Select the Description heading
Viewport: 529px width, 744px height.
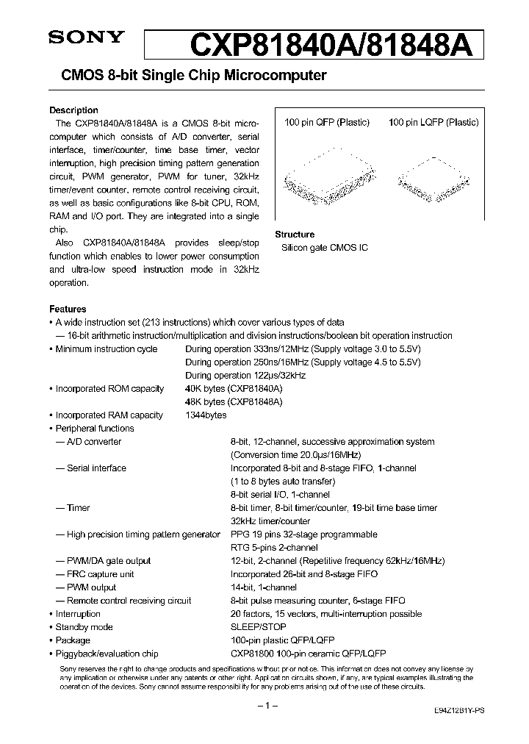pyautogui.click(x=73, y=110)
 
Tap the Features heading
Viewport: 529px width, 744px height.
pyautogui.click(x=68, y=310)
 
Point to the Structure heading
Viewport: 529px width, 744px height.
pyautogui.click(x=295, y=235)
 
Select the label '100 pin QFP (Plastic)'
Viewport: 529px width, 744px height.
pyautogui.click(x=327, y=123)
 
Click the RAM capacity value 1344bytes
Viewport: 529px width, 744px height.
pyautogui.click(x=206, y=415)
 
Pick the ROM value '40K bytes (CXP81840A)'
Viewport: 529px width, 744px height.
pyautogui.click(x=234, y=389)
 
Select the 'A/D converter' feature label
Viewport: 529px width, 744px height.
pyautogui.click(x=94, y=442)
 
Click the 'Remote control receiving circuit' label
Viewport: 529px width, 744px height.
pyautogui.click(x=129, y=601)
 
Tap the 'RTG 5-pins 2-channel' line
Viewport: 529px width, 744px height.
pyautogui.click(x=274, y=548)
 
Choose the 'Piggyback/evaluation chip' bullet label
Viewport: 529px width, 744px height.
pyautogui.click(x=107, y=654)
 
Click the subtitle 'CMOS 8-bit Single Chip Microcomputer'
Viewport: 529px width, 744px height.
pyautogui.click(x=187, y=76)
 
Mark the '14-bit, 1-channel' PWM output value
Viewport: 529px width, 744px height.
pyautogui.click(x=264, y=587)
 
